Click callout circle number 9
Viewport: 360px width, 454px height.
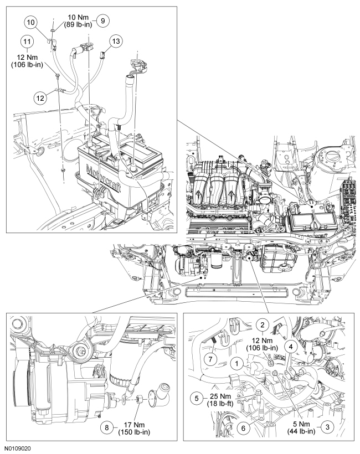(102, 19)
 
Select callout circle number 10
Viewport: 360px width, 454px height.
(31, 22)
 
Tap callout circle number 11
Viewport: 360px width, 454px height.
(25, 42)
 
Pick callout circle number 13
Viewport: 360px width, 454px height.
(115, 41)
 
